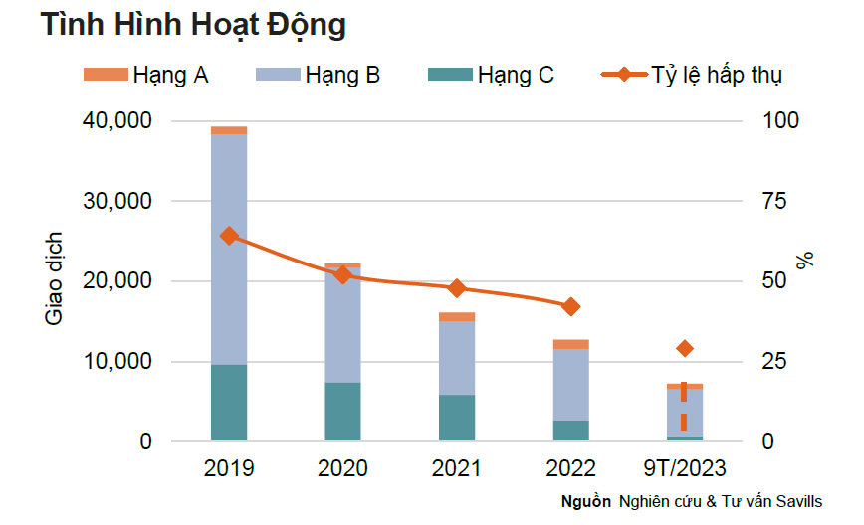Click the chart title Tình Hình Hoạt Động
pos(193,25)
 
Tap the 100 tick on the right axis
pos(778,121)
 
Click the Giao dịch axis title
pos(54,280)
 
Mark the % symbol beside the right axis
pos(806,261)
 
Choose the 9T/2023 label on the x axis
pos(684,468)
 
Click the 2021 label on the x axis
pos(457,468)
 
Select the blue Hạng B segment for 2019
pos(229,249)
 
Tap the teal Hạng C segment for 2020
pos(342,411)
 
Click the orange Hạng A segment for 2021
pos(457,317)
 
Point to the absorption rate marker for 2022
pos(570,307)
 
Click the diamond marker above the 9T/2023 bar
pos(684,348)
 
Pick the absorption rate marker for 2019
pos(229,236)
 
